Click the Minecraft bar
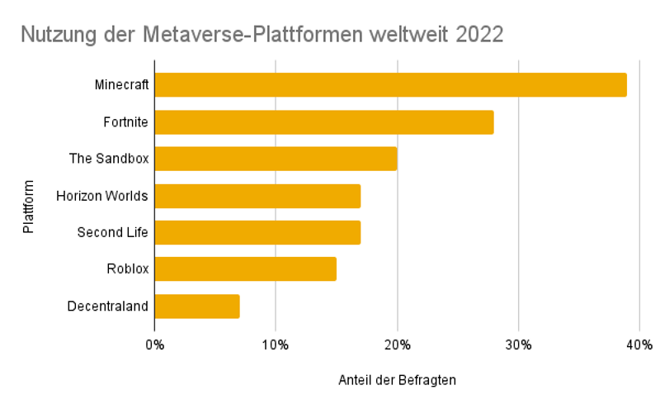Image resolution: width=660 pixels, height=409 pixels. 390,85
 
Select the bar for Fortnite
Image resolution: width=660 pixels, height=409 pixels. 323,122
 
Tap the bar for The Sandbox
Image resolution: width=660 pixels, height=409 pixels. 276,159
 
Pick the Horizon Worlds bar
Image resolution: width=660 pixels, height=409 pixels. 257,196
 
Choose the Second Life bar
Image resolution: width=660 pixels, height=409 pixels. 257,232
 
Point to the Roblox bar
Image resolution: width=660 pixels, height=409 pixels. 245,269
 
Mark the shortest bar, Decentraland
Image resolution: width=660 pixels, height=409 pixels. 197,307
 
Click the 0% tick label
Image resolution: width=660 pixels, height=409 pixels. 154,344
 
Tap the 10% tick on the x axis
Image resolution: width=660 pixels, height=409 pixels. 276,344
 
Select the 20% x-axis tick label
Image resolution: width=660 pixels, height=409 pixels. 397,344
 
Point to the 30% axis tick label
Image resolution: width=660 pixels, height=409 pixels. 518,344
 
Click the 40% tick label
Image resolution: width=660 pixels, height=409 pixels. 639,344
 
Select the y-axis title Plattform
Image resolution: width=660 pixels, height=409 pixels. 29,206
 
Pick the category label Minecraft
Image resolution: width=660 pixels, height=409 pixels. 121,85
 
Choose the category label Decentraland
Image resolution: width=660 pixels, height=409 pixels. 108,307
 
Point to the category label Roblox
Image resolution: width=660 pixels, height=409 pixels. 127,269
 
